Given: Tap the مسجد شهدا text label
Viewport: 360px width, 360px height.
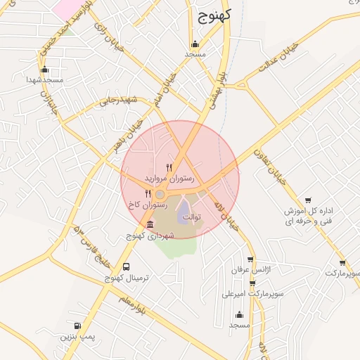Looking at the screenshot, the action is (45, 80).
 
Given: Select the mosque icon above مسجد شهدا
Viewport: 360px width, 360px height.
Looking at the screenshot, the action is (45, 70).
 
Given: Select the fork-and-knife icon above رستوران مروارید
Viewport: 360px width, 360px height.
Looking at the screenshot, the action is (169, 167).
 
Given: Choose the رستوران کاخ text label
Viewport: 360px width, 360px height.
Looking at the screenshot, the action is (147, 205).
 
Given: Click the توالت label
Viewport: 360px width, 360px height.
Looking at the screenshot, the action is (192, 217).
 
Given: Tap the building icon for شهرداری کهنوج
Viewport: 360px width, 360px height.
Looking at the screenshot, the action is (150, 224).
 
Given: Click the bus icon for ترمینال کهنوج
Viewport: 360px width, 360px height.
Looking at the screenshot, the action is (126, 266).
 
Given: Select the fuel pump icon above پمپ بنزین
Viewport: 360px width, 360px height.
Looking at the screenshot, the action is (77, 326).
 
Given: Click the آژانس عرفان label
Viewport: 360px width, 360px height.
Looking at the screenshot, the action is (247, 269).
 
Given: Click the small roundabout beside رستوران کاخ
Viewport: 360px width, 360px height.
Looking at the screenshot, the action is (160, 194).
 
